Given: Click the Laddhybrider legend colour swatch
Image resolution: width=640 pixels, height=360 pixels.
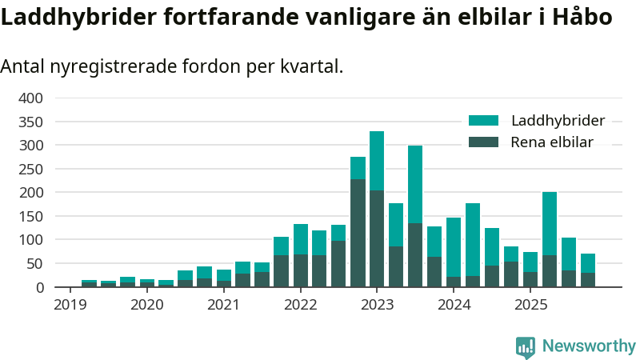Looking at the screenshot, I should pyautogui.click(x=483, y=121).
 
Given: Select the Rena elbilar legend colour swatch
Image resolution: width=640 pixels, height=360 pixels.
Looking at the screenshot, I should pyautogui.click(x=483, y=142).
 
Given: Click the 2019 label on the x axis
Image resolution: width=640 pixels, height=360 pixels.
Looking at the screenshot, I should pyautogui.click(x=70, y=305).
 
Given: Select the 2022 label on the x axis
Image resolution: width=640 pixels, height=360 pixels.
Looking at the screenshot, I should pyautogui.click(x=301, y=305).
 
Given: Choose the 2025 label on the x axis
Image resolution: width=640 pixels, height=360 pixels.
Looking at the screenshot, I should pyautogui.click(x=531, y=305).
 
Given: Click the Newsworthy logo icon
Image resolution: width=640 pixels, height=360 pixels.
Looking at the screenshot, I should pyautogui.click(x=526, y=346).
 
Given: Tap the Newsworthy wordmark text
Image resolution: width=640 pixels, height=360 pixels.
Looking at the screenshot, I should pyautogui.click(x=589, y=346).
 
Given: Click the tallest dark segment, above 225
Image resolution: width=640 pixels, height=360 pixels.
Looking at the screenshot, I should pyautogui.click(x=358, y=233).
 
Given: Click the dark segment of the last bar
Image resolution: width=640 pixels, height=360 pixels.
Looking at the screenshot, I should pyautogui.click(x=588, y=279).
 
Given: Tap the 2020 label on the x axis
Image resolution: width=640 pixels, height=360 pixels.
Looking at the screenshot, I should pyautogui.click(x=146, y=305).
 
